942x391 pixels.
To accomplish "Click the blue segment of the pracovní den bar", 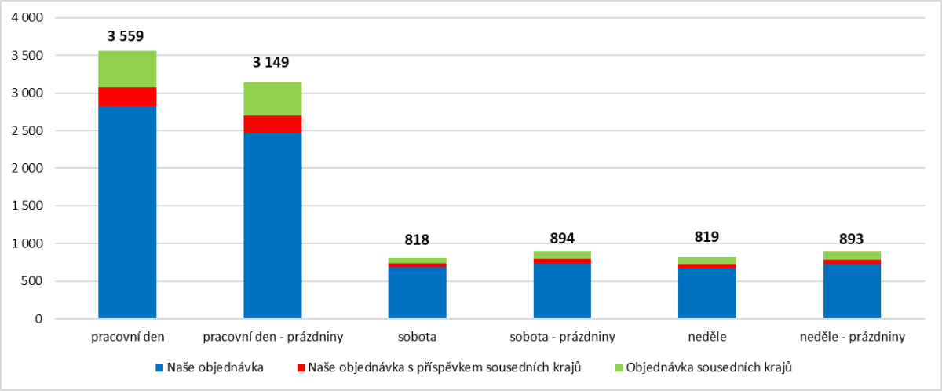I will point(127,212).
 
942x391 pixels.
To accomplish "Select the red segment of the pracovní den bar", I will point(127,97).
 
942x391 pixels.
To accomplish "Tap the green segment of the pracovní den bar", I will point(127,69).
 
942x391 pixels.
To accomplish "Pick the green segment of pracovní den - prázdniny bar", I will point(272,98).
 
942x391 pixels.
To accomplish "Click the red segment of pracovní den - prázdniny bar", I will point(272,124).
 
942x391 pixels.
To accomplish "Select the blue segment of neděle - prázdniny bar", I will point(853,291).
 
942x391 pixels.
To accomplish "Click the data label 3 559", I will point(126,35).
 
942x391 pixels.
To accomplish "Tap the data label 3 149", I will point(272,62).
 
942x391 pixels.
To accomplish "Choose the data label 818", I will point(417,240).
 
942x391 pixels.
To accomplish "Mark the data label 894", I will point(562,238).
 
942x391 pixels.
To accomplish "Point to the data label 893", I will point(853,238).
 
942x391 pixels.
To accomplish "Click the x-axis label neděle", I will point(706,338).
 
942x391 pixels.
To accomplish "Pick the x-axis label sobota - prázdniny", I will point(562,338).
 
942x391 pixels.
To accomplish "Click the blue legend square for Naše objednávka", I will point(159,367).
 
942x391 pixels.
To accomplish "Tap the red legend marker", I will point(301,367).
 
